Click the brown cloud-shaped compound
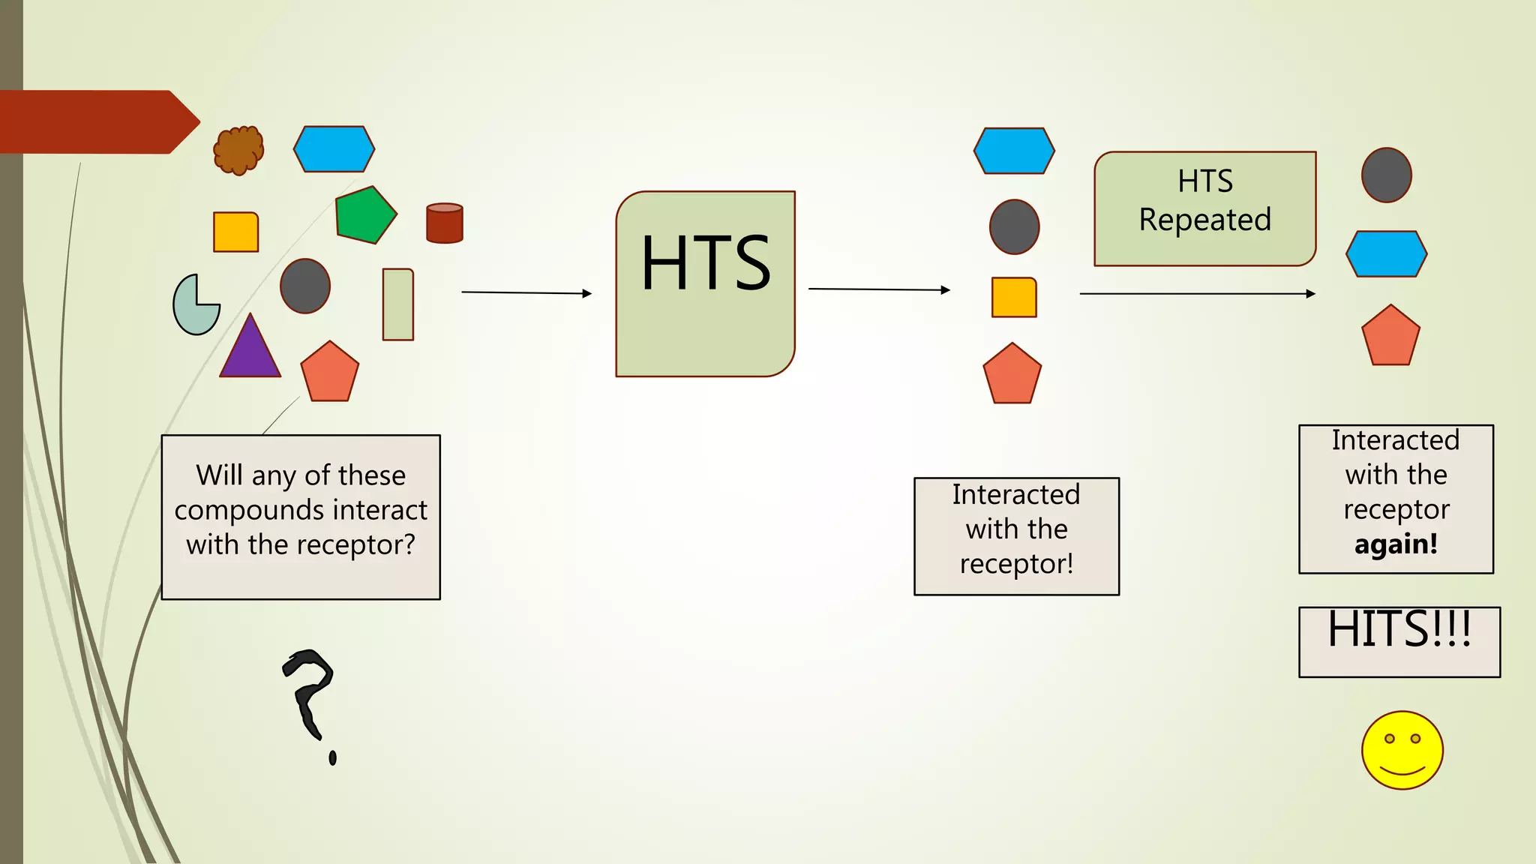click(x=238, y=149)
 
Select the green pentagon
click(x=364, y=215)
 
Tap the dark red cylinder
click(x=445, y=223)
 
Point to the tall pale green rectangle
click(x=398, y=304)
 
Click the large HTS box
click(x=705, y=283)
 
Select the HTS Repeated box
click(x=1204, y=208)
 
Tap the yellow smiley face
click(x=1402, y=750)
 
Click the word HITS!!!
click(x=1399, y=630)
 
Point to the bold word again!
click(x=1396, y=544)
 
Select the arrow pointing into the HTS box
click(x=526, y=292)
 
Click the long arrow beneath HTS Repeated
click(x=1197, y=294)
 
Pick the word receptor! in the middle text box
click(x=1016, y=564)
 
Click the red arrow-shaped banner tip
click(x=184, y=121)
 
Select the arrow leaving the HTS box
click(x=879, y=289)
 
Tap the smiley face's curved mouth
click(x=1402, y=770)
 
